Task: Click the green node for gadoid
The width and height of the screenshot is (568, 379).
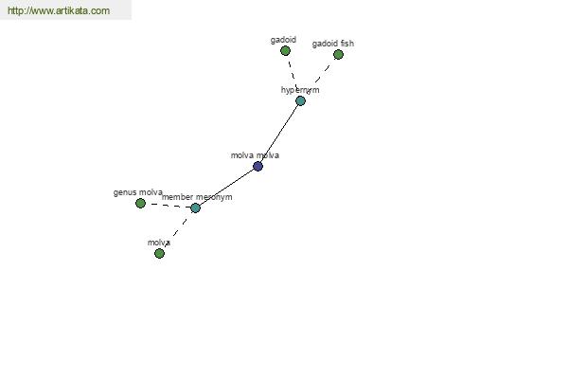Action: [x=285, y=51]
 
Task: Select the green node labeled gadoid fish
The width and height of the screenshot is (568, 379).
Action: [x=338, y=54]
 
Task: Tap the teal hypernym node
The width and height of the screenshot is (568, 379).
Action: [x=300, y=100]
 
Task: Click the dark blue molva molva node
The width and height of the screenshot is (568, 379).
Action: [x=257, y=167]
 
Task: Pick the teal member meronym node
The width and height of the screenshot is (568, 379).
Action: [x=195, y=208]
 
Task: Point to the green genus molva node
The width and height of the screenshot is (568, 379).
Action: [x=140, y=203]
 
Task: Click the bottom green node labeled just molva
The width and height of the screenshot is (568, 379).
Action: [x=159, y=253]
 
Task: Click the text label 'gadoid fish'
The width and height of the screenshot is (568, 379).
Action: [x=333, y=44]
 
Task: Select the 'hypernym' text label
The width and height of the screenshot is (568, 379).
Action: [x=300, y=90]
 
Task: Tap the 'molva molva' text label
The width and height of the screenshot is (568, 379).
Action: [x=255, y=155]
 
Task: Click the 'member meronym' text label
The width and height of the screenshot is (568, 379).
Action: [x=197, y=197]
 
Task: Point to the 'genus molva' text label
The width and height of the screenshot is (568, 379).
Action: [x=137, y=192]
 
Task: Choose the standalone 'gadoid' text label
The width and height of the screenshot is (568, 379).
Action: [x=283, y=40]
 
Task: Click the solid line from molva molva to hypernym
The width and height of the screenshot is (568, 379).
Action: [x=279, y=134]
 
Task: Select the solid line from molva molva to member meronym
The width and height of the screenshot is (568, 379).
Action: [x=226, y=188]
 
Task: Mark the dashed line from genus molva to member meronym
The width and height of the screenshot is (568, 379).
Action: [x=168, y=206]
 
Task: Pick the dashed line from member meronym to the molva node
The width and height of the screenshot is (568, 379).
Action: [x=178, y=230]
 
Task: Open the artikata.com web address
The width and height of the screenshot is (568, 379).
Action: [x=59, y=10]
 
